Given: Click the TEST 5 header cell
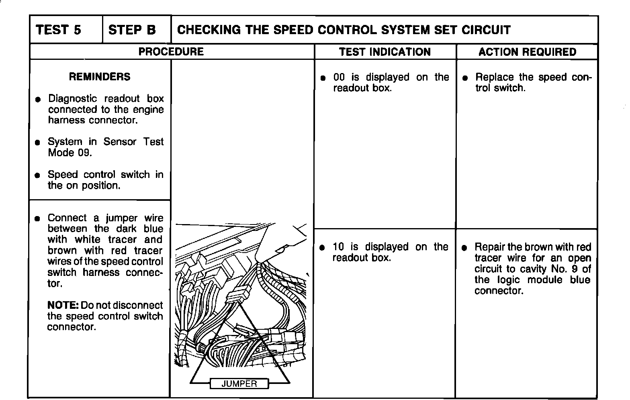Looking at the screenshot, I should coord(59,30).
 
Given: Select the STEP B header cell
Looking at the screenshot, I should coord(132,30).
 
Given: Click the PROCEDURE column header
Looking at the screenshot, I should coord(171,52).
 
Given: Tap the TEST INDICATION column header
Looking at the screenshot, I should coord(385,52).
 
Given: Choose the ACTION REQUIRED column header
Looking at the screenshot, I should coord(527,52).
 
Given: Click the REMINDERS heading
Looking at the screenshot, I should coord(100,77).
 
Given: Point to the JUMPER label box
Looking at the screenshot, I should coord(239,384).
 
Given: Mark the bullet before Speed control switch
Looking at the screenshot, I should coord(37,175).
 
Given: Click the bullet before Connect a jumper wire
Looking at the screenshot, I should coord(37,218).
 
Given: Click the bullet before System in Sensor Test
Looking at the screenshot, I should coord(37,142).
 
